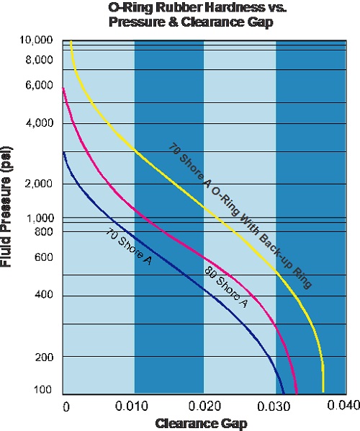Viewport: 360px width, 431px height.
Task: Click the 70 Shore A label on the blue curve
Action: [130, 249]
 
